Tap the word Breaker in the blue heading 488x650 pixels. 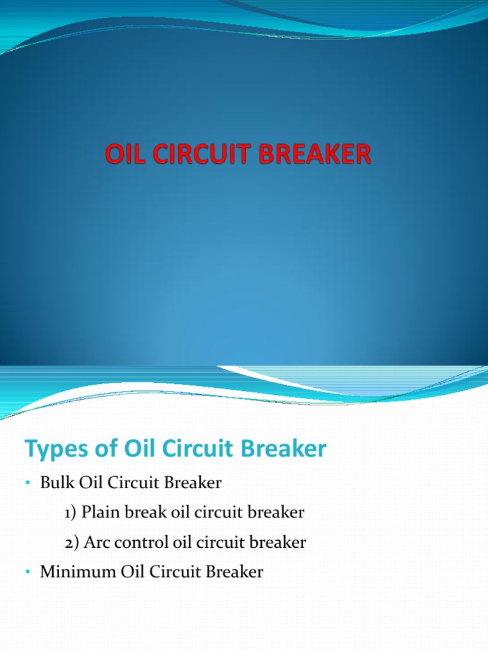290,449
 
